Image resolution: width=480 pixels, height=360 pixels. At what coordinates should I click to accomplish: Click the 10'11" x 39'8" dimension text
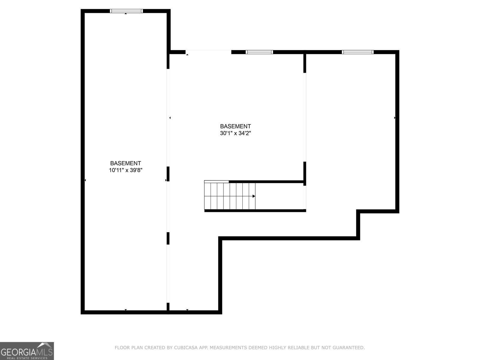pos(125,170)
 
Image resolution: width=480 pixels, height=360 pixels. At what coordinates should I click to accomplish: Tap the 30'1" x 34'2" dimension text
pos(235,133)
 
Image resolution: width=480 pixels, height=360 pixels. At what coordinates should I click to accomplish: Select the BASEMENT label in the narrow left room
pos(125,163)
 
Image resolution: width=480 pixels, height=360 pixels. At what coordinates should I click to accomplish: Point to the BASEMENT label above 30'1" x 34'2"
pos(235,126)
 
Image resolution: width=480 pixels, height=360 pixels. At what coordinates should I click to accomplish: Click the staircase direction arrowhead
pos(254,196)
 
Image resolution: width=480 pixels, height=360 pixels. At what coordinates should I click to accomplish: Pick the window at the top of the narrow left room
pos(126,11)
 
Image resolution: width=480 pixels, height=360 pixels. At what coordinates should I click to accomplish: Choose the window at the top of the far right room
pos(358,52)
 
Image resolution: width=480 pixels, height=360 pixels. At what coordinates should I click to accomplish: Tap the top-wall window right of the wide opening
pos(259,52)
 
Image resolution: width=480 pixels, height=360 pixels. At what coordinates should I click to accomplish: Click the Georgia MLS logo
pos(27,351)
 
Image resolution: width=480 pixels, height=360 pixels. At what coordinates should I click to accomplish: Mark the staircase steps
pos(230,196)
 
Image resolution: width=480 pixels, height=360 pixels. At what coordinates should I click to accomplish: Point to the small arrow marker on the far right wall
pos(394,118)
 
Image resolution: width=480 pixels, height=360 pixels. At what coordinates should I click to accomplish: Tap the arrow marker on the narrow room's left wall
pos(85,180)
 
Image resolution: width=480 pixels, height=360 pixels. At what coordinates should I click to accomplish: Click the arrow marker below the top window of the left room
pos(125,13)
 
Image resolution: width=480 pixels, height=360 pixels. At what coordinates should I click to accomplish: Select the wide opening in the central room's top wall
pos(208,52)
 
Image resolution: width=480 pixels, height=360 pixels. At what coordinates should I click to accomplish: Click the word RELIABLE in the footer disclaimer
pos(298,348)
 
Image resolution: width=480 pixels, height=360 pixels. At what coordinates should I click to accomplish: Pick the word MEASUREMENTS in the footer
pos(228,348)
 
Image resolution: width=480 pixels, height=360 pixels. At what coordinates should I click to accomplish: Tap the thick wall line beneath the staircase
pos(255,211)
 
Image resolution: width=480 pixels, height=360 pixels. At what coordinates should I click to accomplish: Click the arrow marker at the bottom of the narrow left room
pos(125,310)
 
